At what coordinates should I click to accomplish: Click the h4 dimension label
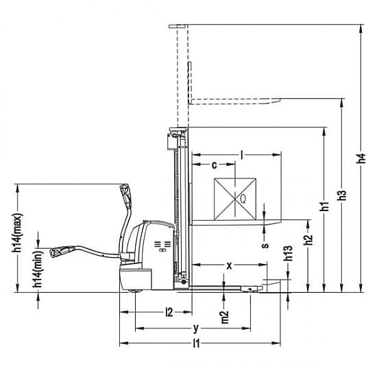(x=361, y=158)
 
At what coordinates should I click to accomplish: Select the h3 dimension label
(x=342, y=195)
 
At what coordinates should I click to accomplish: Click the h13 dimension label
(x=288, y=253)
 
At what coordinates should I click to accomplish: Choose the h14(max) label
(x=17, y=233)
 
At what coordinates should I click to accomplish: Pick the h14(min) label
(x=38, y=269)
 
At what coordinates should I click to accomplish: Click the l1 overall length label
(x=197, y=343)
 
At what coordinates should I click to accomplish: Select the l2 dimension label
(x=169, y=313)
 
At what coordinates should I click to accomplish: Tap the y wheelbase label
(x=197, y=328)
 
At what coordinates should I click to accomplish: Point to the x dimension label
(x=230, y=265)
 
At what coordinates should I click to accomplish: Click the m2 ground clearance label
(x=225, y=317)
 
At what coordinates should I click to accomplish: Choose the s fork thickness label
(x=265, y=245)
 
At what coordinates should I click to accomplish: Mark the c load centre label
(x=215, y=165)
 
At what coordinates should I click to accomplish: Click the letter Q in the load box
(x=243, y=199)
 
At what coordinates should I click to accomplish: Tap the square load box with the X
(x=235, y=199)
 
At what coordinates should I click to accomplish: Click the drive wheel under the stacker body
(x=135, y=291)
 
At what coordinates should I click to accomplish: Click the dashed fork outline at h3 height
(x=234, y=101)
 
